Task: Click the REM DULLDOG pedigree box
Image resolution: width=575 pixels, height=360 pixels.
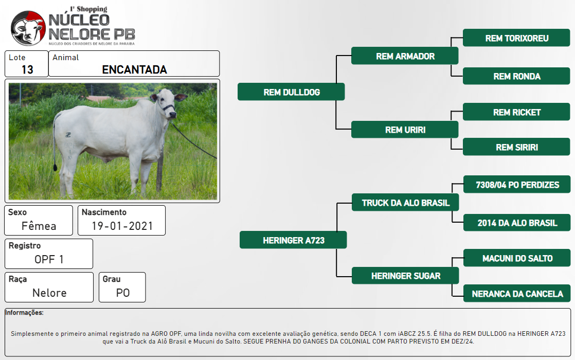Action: (x=291, y=92)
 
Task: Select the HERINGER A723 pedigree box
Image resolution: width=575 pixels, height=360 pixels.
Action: (x=293, y=240)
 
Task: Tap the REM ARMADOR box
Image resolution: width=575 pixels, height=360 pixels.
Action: (x=405, y=56)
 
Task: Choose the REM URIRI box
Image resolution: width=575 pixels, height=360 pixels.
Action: (x=405, y=130)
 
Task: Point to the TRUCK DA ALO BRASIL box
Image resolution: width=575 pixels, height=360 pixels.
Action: (x=405, y=202)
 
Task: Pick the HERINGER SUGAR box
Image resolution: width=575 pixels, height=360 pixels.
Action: (x=405, y=275)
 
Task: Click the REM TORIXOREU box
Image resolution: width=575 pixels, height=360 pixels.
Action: (x=516, y=38)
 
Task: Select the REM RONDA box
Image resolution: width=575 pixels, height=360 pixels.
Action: (x=516, y=76)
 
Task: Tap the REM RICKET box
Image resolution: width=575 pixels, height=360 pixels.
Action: (x=516, y=112)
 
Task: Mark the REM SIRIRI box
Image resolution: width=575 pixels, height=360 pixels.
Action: (x=516, y=147)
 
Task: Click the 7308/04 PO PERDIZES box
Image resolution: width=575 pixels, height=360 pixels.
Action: (x=517, y=184)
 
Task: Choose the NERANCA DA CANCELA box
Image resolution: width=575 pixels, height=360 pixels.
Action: (x=517, y=293)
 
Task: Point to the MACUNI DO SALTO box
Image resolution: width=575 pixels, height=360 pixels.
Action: (x=517, y=258)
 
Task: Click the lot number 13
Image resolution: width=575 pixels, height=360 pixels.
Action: (x=27, y=69)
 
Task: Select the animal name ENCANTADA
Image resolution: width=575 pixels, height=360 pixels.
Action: (x=134, y=69)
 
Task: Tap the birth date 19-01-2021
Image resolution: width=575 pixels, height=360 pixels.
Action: (x=122, y=226)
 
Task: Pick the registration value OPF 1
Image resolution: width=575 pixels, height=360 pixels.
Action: (x=49, y=259)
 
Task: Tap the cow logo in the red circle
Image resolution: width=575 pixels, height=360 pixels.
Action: (x=28, y=28)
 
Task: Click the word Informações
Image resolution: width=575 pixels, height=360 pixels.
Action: (x=24, y=312)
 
